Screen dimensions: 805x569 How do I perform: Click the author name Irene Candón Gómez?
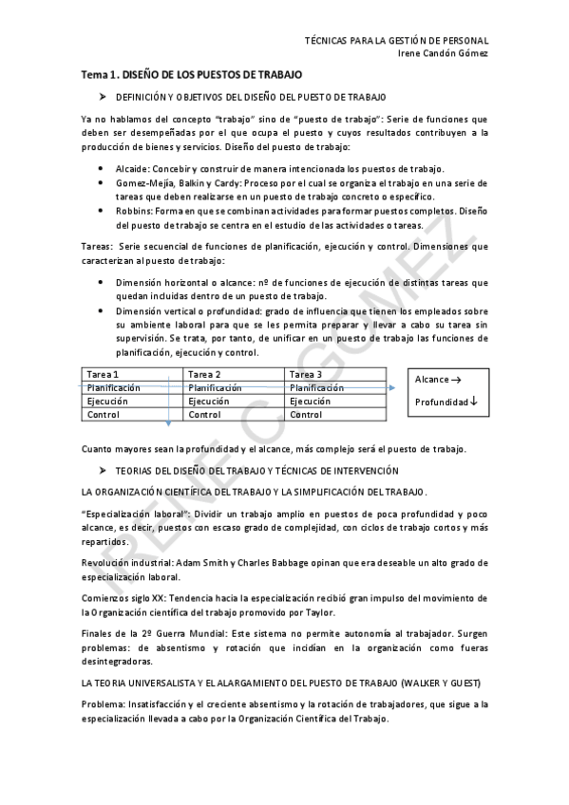[x=443, y=53]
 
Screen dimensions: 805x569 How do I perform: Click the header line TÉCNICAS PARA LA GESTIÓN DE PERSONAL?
[x=396, y=41]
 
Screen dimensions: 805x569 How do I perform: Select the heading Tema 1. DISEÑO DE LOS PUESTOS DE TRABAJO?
[x=191, y=74]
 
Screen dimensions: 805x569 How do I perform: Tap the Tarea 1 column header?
[x=103, y=375]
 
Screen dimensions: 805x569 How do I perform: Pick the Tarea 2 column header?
[x=204, y=375]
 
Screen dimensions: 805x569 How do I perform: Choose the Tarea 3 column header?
[x=306, y=375]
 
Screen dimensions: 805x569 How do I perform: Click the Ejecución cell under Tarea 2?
[x=209, y=402]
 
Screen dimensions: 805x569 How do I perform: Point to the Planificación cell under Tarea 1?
[x=113, y=388]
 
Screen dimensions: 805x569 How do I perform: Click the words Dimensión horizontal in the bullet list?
[x=161, y=283]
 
